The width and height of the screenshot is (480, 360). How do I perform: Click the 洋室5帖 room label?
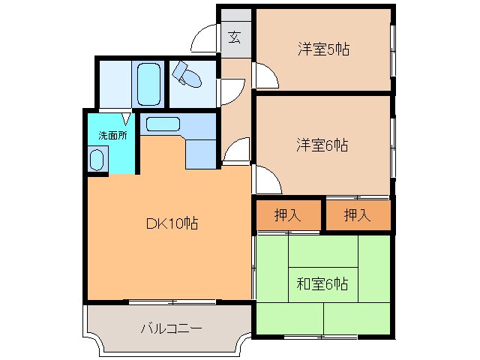[323, 50]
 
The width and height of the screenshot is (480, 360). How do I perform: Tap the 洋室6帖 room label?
[323, 145]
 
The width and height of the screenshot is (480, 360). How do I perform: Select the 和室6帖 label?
[322, 284]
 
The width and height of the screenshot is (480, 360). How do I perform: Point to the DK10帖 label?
[171, 223]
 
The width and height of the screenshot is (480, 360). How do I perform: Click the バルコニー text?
[171, 328]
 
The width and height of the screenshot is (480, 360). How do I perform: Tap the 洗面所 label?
[112, 135]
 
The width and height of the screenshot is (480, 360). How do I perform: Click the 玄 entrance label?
[235, 37]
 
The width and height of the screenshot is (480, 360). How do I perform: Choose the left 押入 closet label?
[287, 216]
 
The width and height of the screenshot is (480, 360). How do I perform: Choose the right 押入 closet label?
[358, 216]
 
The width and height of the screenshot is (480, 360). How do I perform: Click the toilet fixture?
[187, 75]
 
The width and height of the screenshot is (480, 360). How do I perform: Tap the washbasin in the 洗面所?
[97, 159]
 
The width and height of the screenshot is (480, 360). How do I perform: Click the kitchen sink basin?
[162, 125]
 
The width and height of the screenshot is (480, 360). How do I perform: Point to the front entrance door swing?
[204, 38]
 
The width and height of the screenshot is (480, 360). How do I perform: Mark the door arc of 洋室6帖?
[265, 178]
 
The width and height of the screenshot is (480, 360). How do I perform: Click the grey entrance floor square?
[235, 37]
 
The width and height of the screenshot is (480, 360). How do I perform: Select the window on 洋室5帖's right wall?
[391, 50]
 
